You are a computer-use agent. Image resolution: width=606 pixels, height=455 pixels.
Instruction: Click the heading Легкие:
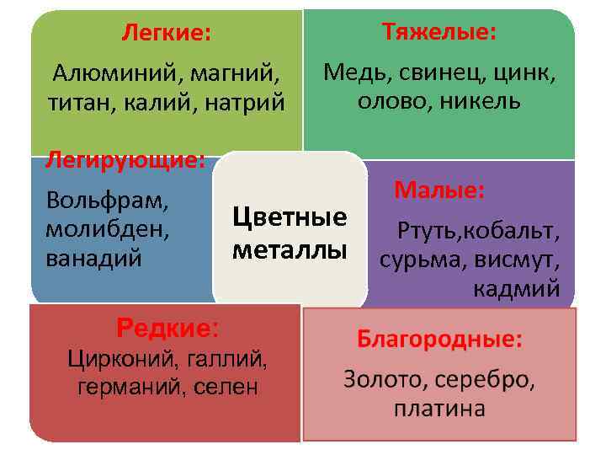(166, 34)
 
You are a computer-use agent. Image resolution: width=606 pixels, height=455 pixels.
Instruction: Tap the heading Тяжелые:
(439, 32)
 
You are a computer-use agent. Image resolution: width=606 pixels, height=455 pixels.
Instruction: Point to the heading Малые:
(439, 190)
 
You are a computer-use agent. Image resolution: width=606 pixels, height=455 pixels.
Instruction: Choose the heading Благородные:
(439, 340)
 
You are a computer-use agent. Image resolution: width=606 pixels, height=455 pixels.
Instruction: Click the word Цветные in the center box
(290, 217)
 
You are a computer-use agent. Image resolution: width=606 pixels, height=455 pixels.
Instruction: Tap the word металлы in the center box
(290, 250)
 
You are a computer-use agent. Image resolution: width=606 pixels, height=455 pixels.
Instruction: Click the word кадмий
(517, 289)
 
